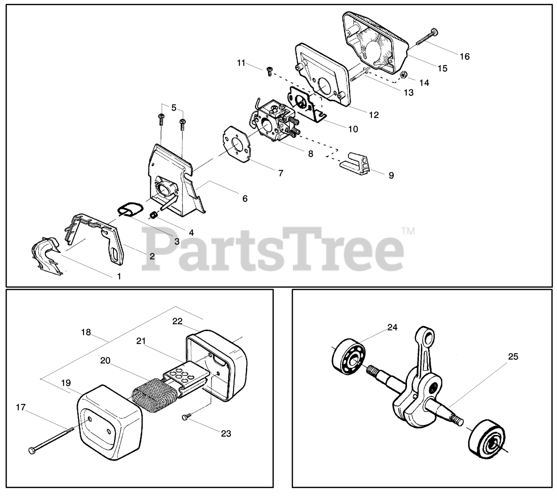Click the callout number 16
tap(464, 56)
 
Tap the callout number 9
tap(391, 175)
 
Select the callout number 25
tap(513, 357)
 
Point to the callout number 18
tap(86, 332)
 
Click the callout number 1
tap(119, 276)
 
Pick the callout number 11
tap(241, 63)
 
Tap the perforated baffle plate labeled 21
tap(183, 373)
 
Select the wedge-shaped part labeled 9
tap(356, 164)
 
